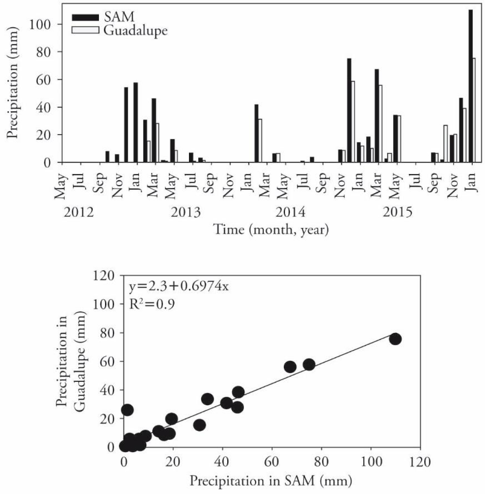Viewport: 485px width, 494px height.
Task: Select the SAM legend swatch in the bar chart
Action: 85,17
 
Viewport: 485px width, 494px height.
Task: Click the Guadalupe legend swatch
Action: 85,30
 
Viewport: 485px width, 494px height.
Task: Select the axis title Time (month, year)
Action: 271,229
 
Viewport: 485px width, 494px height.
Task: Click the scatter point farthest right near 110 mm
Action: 395,339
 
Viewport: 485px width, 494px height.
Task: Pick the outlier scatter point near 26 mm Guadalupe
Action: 127,410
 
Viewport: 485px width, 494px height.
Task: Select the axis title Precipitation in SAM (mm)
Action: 270,481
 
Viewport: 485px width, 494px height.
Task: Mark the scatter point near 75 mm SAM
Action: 309,364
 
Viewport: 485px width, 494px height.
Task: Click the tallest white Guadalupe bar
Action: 474,110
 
